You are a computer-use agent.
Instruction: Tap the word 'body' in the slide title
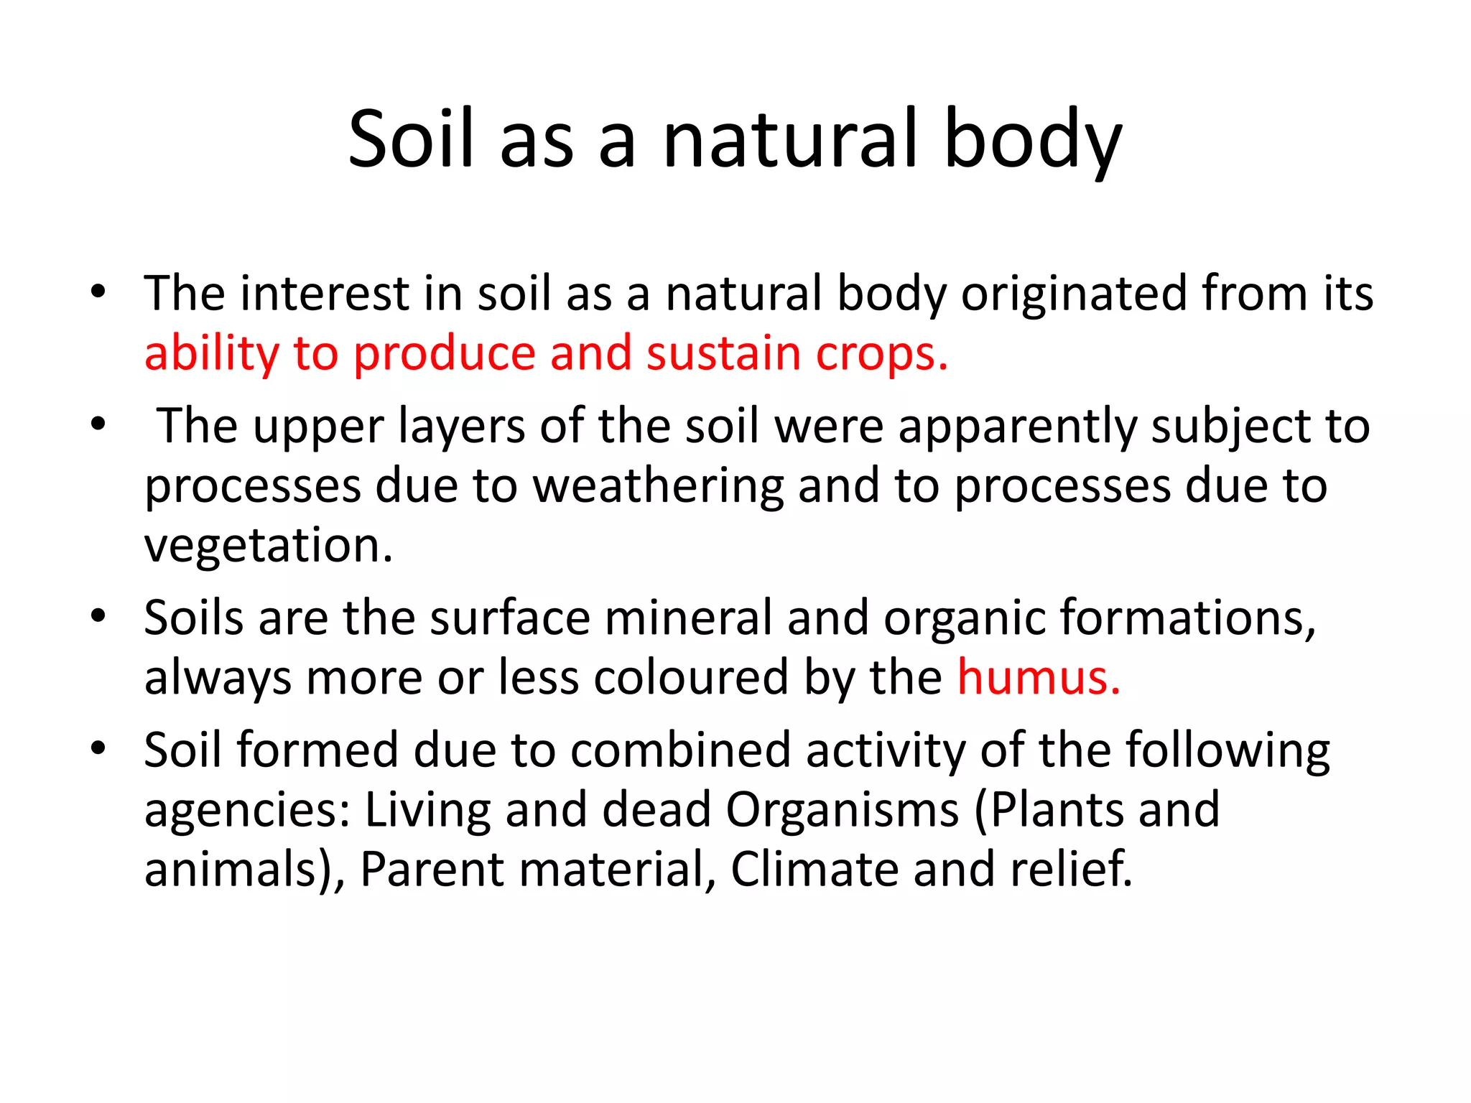point(1032,140)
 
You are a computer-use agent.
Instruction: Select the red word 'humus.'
point(1039,677)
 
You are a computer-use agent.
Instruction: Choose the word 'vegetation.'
point(269,546)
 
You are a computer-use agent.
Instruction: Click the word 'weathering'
point(658,486)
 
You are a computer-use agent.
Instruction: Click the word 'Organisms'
point(842,809)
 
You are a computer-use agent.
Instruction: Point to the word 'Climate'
point(815,869)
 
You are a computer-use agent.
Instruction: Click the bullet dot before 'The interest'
point(98,292)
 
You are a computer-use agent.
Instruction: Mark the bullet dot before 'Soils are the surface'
point(98,616)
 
